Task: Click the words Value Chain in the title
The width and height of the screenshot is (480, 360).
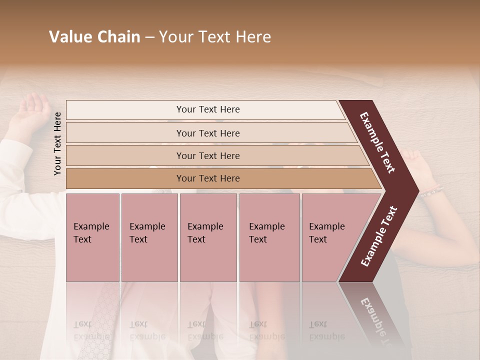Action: [x=94, y=37]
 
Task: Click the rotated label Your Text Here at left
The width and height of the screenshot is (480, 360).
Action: [x=57, y=143]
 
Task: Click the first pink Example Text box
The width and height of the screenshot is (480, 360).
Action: [x=92, y=237]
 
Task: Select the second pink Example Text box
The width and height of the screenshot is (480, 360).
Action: [x=149, y=237]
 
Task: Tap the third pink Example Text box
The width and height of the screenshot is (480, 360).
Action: [x=208, y=237]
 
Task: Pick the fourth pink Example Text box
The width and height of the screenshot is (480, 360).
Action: [x=269, y=237]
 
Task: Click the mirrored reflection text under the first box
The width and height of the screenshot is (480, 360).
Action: [x=91, y=330]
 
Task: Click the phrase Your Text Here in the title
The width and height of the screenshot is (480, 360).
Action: [x=215, y=37]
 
